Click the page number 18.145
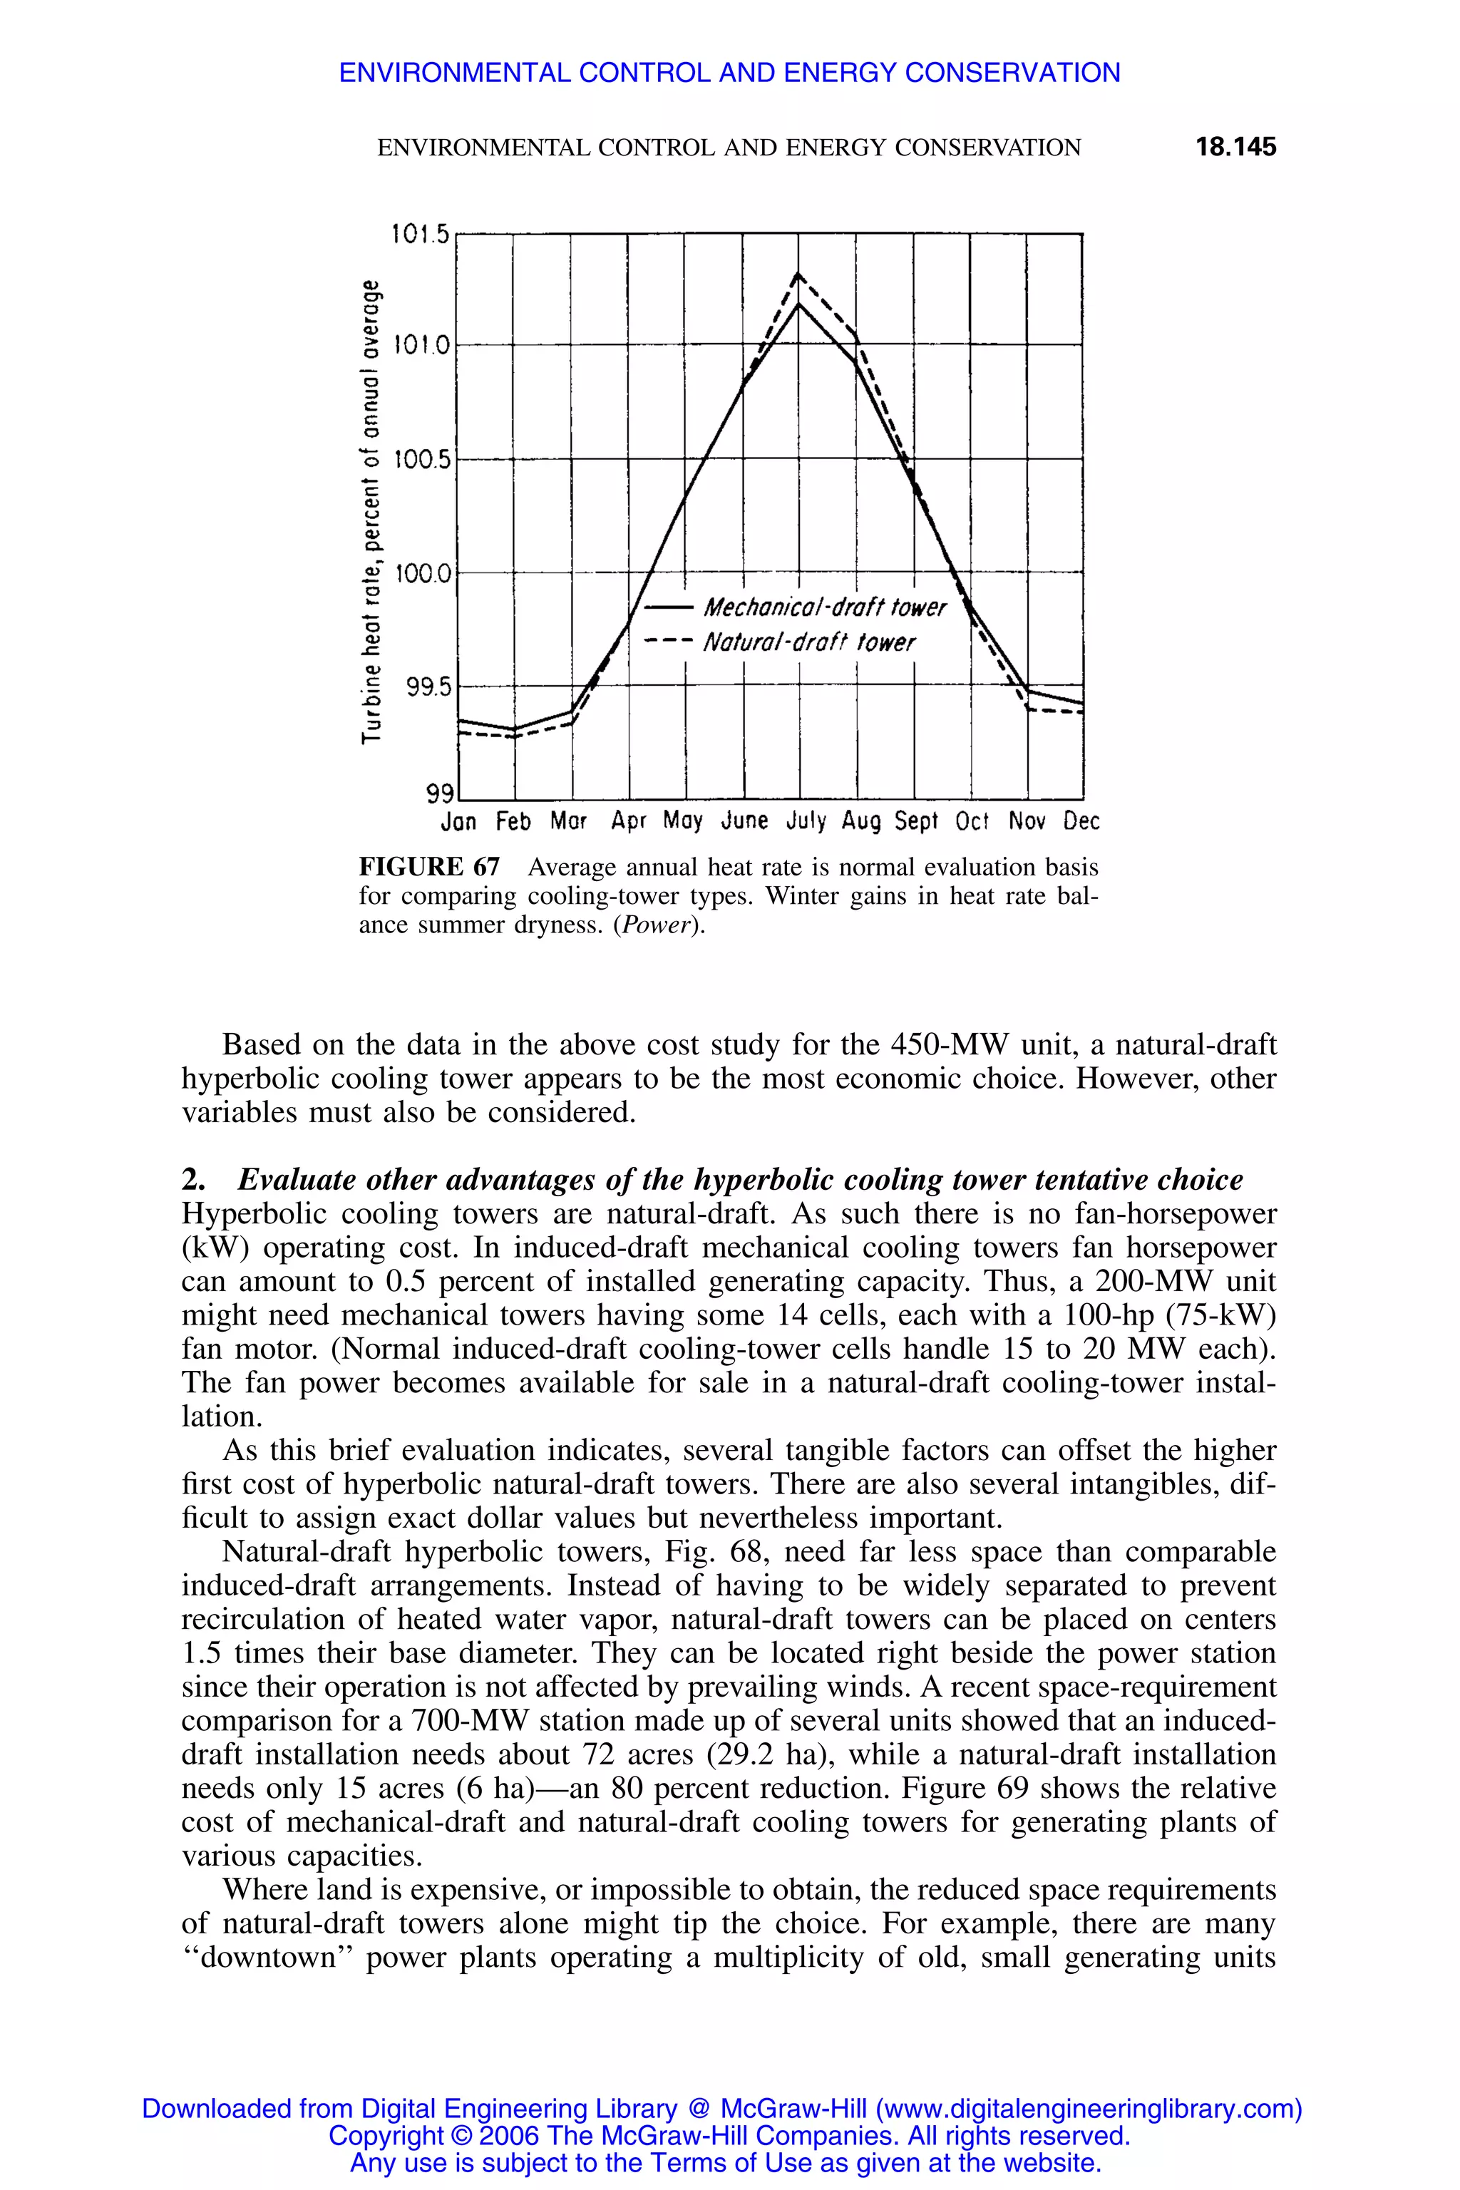tap(1235, 147)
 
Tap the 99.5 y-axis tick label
tap(428, 687)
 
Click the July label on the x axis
tap(806, 821)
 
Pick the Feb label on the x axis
tap(513, 821)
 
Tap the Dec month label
tap(1081, 821)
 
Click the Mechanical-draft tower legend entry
tap(824, 608)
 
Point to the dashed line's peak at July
tap(798, 274)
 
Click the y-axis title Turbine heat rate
tap(371, 512)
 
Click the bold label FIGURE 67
tap(429, 868)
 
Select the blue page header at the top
tap(729, 73)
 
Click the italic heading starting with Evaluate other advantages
tap(739, 1180)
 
